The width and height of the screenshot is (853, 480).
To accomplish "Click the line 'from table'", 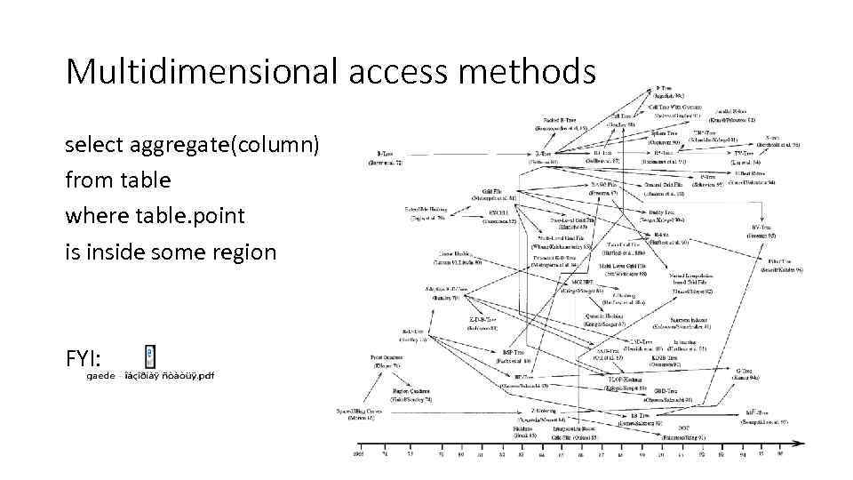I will point(117,180).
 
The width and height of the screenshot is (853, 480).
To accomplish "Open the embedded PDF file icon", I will point(150,356).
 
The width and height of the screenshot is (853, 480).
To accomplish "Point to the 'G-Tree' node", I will point(746,371).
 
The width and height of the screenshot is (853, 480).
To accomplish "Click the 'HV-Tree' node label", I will point(761,228).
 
